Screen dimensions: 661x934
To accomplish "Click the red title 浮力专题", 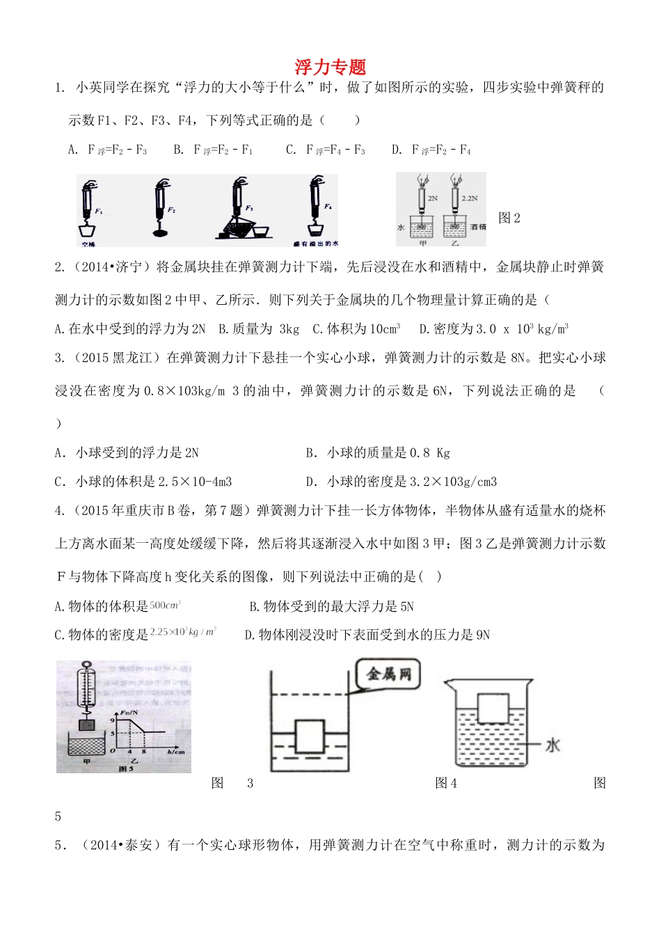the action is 330,67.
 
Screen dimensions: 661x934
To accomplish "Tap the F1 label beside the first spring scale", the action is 99,209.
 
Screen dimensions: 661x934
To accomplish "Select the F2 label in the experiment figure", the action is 171,209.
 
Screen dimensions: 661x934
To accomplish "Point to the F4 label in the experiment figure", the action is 328,207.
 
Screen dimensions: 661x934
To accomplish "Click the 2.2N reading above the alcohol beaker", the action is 470,198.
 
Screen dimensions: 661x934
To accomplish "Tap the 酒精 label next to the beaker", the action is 478,227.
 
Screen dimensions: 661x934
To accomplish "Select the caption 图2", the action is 509,218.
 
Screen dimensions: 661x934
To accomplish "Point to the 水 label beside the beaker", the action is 552,745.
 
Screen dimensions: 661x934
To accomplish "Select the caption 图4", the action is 446,783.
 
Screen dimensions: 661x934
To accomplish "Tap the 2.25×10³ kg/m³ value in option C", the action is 183,631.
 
